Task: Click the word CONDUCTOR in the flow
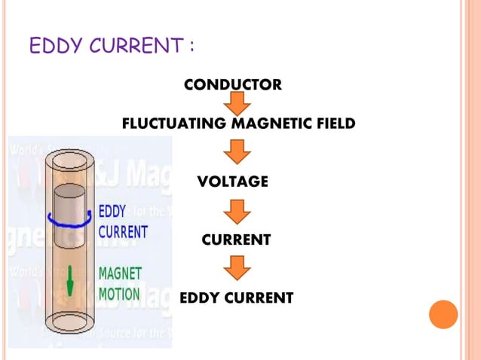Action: tap(233, 84)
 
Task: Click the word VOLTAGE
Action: tap(232, 182)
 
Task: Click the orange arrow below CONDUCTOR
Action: tap(238, 103)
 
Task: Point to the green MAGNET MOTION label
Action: tap(120, 283)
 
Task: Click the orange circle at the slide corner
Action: tap(443, 314)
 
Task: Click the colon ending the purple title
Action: tap(191, 47)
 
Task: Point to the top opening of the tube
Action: tap(70, 160)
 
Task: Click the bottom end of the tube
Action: tap(70, 322)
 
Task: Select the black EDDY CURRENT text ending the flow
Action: tap(236, 298)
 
